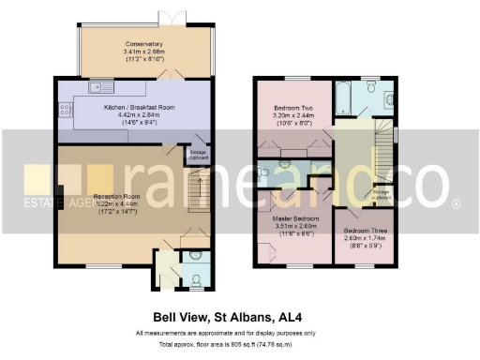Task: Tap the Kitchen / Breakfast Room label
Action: tap(140, 108)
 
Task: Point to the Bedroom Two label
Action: tap(293, 108)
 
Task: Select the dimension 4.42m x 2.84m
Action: tap(140, 115)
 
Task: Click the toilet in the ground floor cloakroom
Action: tap(195, 254)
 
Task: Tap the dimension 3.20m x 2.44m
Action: tap(293, 115)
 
